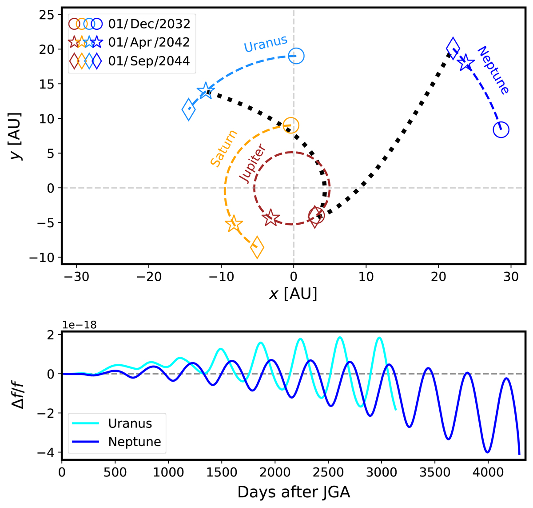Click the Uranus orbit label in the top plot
(x=266, y=44)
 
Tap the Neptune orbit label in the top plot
(x=493, y=70)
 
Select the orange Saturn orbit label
(x=224, y=149)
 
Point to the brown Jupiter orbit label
(x=252, y=163)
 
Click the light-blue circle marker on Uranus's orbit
(x=296, y=56)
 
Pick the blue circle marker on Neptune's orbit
(x=501, y=130)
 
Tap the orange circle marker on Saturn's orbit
(x=290, y=125)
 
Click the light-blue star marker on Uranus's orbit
(x=206, y=91)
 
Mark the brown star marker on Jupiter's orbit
(x=270, y=218)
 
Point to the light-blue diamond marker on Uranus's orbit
(x=189, y=109)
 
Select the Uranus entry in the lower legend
(x=130, y=423)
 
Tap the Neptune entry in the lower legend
(x=134, y=442)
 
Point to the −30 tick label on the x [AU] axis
(x=76, y=277)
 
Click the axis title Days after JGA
(x=294, y=492)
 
